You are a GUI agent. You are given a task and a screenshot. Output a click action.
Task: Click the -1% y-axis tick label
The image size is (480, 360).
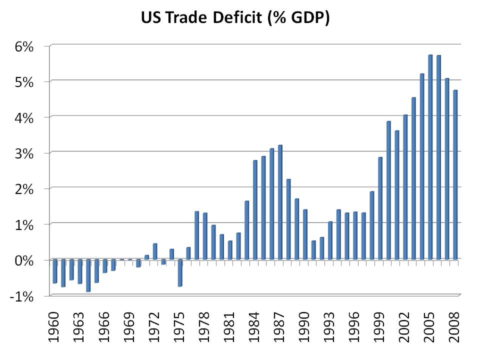20,296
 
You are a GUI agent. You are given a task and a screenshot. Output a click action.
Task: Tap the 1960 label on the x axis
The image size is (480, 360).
54,327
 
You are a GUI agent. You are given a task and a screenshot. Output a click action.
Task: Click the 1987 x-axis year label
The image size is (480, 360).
280,327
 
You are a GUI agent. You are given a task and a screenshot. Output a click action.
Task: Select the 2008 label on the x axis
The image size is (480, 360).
455,327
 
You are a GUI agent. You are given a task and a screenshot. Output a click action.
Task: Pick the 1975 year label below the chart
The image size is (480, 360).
179,327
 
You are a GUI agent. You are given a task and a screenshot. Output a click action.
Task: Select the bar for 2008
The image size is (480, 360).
455,175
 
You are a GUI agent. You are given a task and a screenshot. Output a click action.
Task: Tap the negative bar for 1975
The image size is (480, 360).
179,273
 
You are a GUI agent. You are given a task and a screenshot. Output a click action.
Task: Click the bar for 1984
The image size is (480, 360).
255,210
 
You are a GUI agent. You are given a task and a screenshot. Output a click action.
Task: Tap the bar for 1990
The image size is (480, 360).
305,234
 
